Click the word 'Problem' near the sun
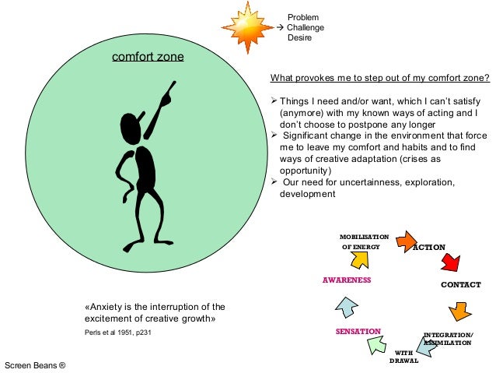pos(303,17)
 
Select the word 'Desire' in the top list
pos(300,37)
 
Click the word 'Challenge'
pos(306,27)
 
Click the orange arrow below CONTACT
pos(460,311)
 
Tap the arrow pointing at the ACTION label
pos(406,241)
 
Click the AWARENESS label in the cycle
pos(347,280)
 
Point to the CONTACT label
pos(461,284)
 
